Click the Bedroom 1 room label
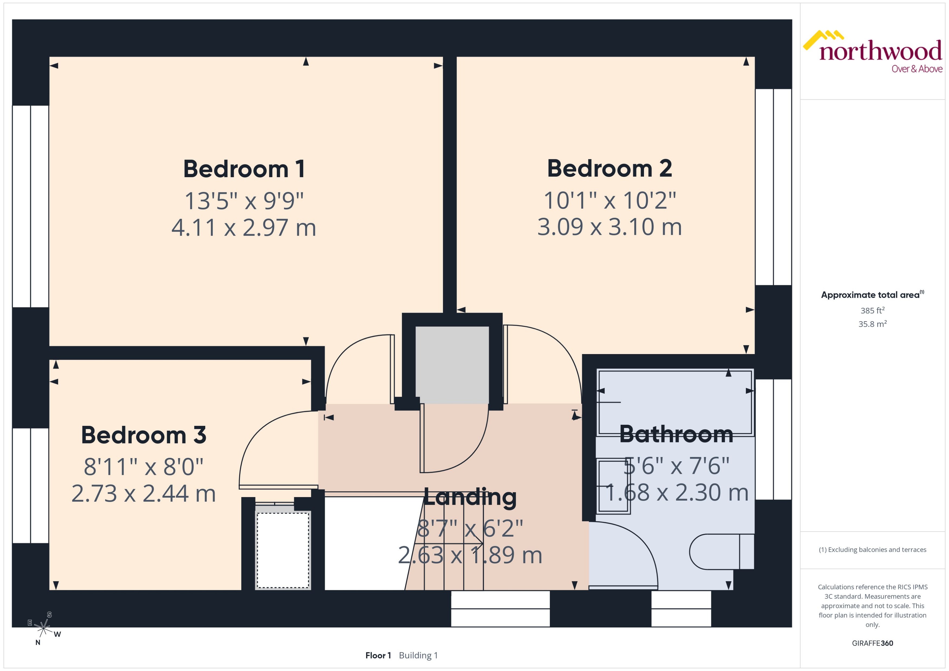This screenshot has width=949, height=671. [x=244, y=169]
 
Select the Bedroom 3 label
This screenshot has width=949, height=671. [x=143, y=435]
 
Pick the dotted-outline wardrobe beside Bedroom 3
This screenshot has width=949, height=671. [x=283, y=550]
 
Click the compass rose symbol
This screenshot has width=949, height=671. [x=43, y=628]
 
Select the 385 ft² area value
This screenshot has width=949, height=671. [x=873, y=310]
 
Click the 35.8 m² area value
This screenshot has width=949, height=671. [x=873, y=324]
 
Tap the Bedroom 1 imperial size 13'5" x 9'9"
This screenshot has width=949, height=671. [x=244, y=201]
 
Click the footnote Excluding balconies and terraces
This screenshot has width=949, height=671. [x=873, y=550]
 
